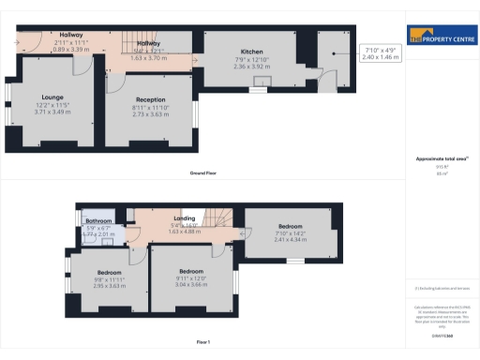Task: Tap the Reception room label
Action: tap(150, 99)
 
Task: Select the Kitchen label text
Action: tap(251, 52)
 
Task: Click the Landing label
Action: tap(171, 218)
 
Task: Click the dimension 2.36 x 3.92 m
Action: tap(251, 67)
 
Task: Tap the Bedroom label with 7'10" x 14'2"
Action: tap(289, 227)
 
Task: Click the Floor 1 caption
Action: tap(202, 342)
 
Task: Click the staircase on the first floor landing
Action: tap(217, 217)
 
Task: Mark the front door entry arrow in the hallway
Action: tap(20, 42)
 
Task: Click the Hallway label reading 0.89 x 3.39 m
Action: tap(70, 48)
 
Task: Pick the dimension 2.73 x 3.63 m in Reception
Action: tap(150, 113)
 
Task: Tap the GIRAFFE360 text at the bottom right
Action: tap(442, 322)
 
